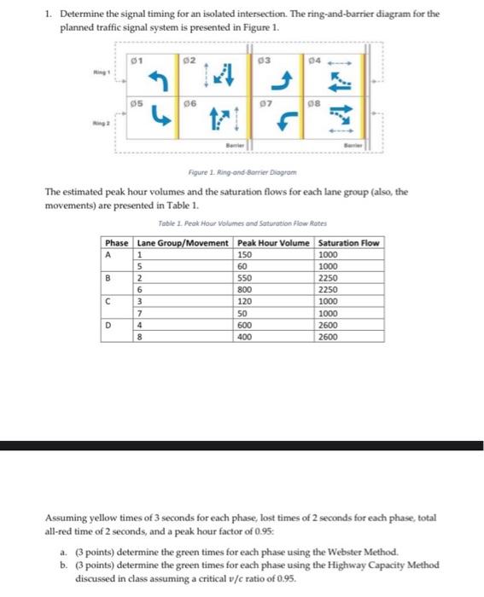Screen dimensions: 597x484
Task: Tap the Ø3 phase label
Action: tap(265, 59)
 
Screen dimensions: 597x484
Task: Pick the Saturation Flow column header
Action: tap(348, 243)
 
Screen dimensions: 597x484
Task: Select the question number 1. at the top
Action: tap(49, 14)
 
